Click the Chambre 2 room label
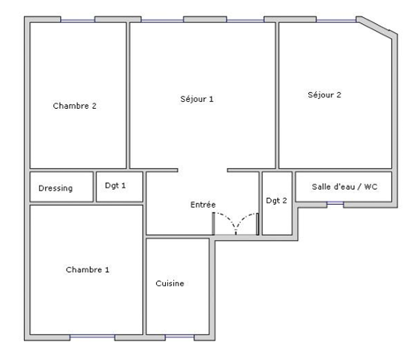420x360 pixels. tap(74, 106)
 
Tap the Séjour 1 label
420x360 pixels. tap(196, 99)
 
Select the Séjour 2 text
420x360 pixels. tap(324, 94)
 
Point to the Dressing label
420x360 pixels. tap(55, 188)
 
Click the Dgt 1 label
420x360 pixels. tap(115, 186)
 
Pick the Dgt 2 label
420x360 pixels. tap(277, 201)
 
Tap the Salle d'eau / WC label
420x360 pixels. tap(344, 187)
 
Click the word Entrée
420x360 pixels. tap(203, 205)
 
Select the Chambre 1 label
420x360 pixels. tap(88, 269)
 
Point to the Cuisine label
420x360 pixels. tap(169, 283)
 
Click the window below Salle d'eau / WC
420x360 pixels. tap(335, 203)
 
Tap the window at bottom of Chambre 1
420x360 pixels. tap(92, 336)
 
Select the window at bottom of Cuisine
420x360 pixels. tap(179, 336)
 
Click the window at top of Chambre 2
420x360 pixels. tap(78, 20)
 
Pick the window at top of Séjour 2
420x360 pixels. tap(336, 20)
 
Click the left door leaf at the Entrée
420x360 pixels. tap(214, 223)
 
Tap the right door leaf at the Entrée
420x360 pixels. tap(258, 224)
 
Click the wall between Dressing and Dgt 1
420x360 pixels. tap(94, 187)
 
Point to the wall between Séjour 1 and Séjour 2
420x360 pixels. tap(277, 95)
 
